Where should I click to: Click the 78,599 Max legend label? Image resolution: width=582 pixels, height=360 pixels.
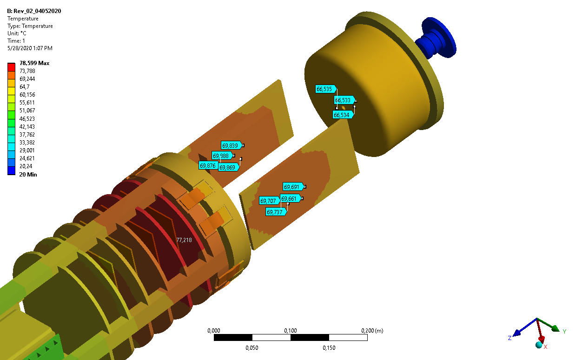click(34, 63)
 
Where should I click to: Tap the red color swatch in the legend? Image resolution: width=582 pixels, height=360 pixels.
click(12, 67)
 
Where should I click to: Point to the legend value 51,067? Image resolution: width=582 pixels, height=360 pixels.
click(27, 111)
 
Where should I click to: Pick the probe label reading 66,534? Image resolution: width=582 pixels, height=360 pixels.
click(343, 115)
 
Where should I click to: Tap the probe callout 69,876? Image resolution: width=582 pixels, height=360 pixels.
click(208, 165)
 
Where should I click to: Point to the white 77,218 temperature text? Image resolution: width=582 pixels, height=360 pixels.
click(184, 240)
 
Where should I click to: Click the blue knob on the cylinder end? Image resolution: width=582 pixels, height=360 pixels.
click(436, 39)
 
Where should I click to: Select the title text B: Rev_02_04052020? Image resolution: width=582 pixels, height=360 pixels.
click(34, 11)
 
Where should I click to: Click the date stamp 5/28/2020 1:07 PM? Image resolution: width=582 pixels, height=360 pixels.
click(30, 48)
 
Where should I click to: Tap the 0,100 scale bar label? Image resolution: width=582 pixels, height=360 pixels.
click(290, 331)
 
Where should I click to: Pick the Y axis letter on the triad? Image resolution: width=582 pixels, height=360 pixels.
click(564, 332)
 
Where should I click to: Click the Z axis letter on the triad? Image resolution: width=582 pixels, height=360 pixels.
click(510, 338)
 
